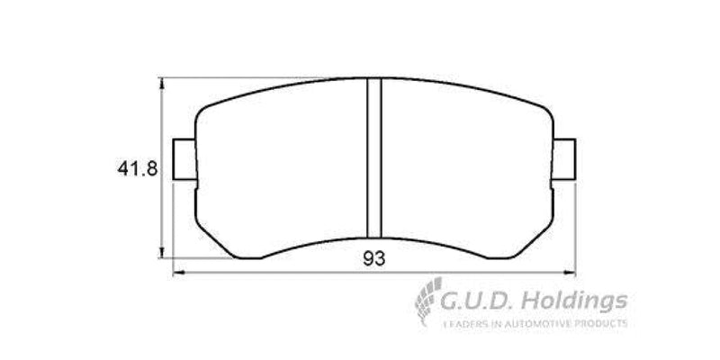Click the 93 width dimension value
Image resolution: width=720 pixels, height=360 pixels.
374,259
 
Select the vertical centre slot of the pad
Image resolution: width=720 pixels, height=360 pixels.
374,157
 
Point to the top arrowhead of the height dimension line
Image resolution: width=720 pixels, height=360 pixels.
162,83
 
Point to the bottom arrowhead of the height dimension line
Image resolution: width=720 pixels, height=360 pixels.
162,253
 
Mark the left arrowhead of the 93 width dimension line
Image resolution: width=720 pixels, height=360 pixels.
176,271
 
